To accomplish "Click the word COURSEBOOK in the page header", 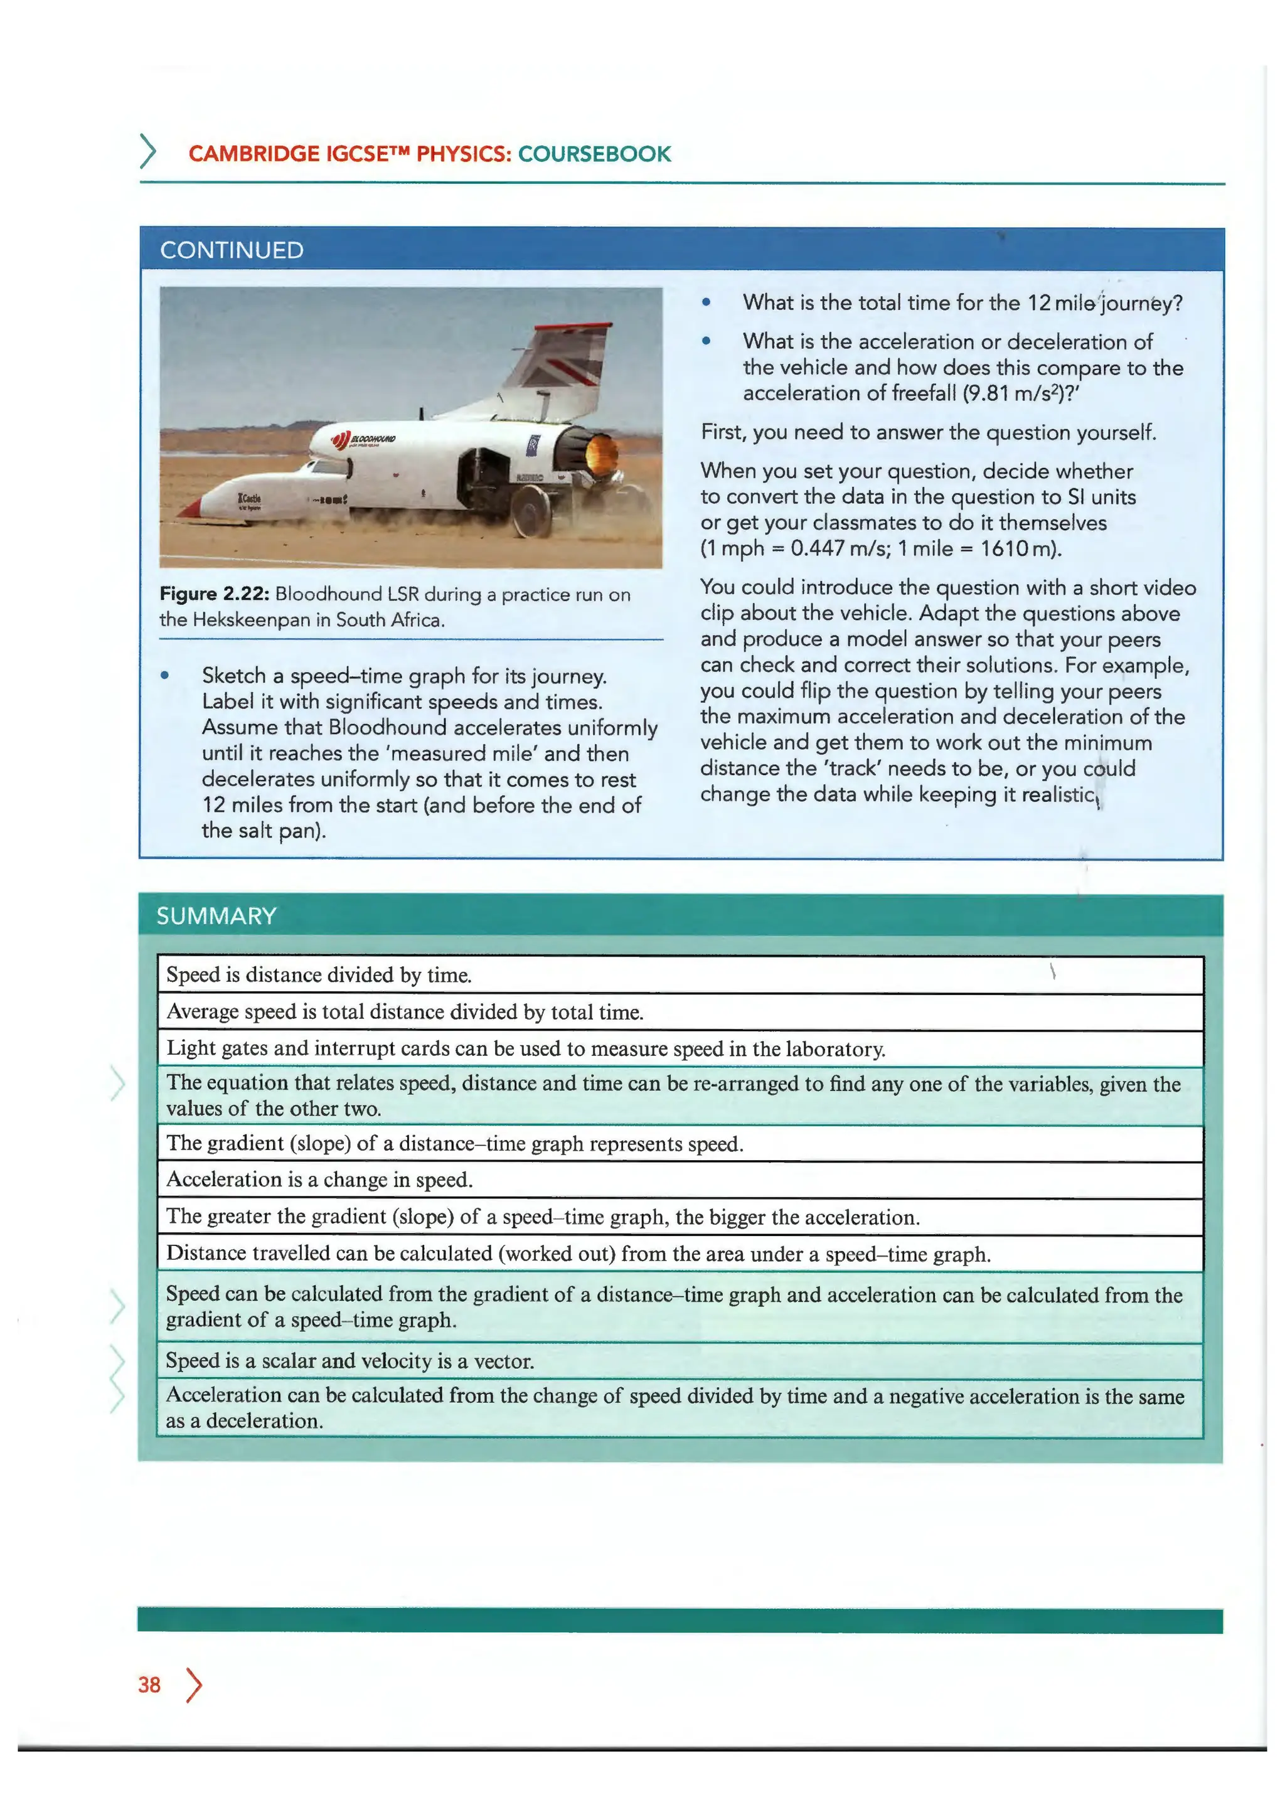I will point(594,154).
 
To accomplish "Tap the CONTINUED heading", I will point(232,250).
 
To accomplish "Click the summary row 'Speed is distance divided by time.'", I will point(319,975).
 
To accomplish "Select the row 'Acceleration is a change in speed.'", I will point(319,1180).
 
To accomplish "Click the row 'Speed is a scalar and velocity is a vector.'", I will point(349,1361).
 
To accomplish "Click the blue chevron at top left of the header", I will point(147,151).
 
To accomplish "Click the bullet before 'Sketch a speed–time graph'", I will point(164,676).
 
